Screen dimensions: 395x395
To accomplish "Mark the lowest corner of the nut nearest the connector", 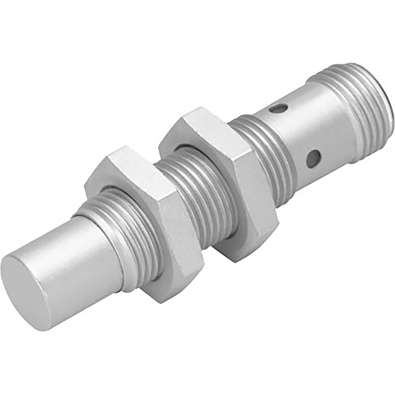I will point(237,259).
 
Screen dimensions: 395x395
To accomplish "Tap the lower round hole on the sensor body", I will point(313,158).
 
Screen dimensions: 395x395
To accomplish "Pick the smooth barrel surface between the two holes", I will point(300,132).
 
